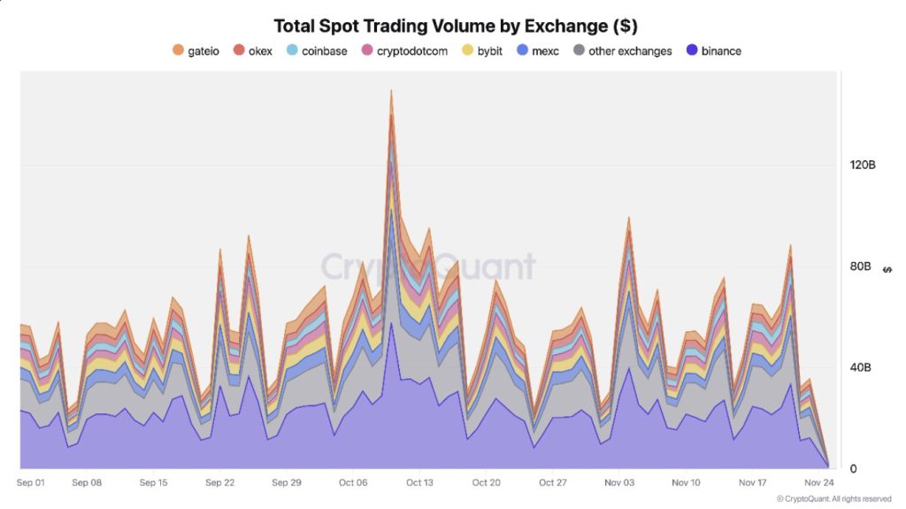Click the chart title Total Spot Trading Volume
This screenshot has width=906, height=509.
click(x=456, y=26)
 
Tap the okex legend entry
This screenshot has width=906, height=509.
click(x=253, y=50)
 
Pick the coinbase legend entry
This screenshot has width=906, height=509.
click(x=317, y=50)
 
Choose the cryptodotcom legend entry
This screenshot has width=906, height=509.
click(x=404, y=50)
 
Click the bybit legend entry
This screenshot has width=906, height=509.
click(x=482, y=50)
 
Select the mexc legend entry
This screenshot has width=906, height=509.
click(x=537, y=50)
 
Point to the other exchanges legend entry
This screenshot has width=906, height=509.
click(x=623, y=50)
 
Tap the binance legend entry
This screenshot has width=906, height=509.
click(x=714, y=50)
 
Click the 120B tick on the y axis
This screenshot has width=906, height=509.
click(x=862, y=166)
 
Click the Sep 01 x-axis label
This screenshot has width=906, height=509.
click(x=32, y=482)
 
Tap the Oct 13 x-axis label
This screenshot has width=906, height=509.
click(x=419, y=482)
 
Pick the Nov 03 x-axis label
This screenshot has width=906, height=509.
click(x=619, y=482)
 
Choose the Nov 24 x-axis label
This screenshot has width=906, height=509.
click(x=818, y=482)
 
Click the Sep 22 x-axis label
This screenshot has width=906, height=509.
click(x=219, y=482)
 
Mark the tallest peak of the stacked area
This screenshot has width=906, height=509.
click(x=390, y=90)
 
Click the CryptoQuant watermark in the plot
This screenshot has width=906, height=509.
click(x=427, y=266)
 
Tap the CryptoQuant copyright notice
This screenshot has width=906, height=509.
click(x=833, y=499)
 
